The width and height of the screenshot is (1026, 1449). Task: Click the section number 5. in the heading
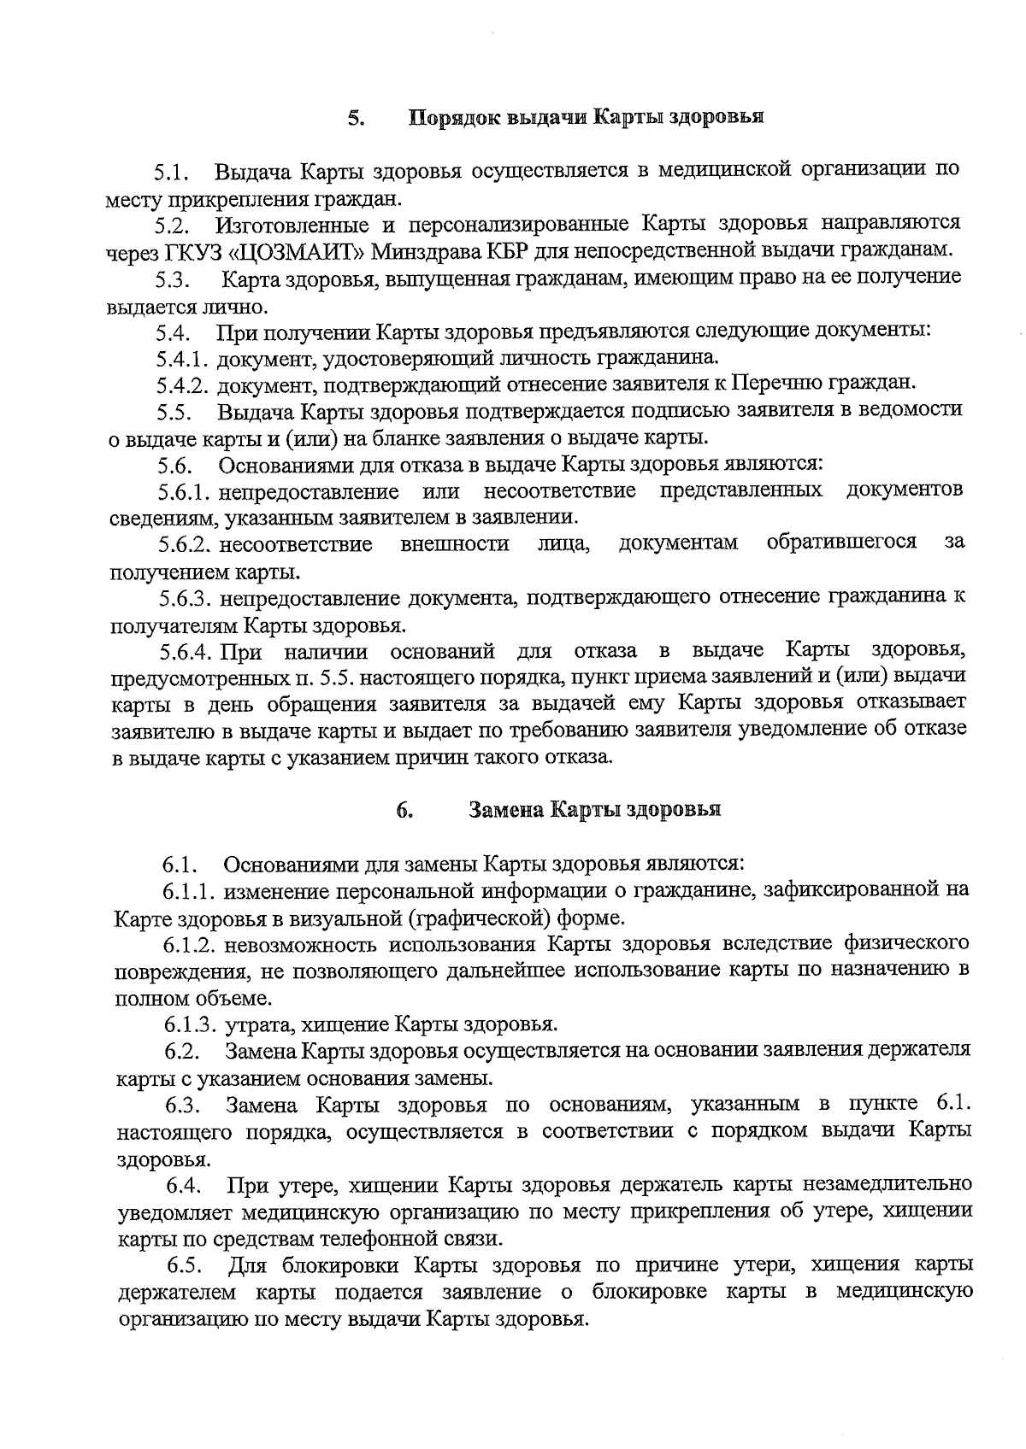tap(356, 117)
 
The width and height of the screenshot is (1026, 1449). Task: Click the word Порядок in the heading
tap(451, 117)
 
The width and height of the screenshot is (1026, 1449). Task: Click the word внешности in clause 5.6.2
tap(455, 544)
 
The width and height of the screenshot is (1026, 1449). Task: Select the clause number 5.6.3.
tap(185, 598)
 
